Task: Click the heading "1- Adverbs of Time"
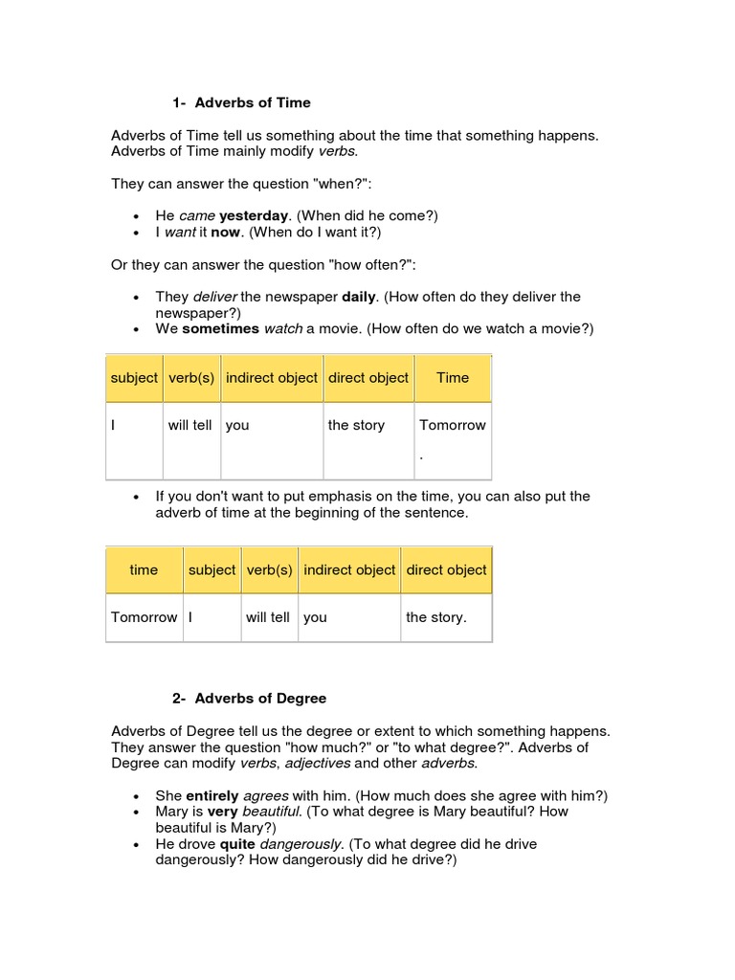point(241,102)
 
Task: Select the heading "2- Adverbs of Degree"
point(249,699)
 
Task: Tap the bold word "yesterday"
point(254,216)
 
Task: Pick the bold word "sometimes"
point(221,328)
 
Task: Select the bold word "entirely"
point(212,795)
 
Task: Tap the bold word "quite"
point(237,844)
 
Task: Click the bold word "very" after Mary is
point(222,811)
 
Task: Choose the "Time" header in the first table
point(453,378)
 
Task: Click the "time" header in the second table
point(144,569)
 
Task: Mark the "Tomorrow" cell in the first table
point(453,425)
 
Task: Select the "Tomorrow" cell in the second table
point(144,617)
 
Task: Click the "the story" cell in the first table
point(356,425)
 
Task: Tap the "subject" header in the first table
point(134,378)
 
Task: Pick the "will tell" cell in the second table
point(268,617)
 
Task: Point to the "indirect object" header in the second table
point(349,569)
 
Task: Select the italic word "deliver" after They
point(214,297)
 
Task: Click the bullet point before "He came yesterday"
point(139,217)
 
